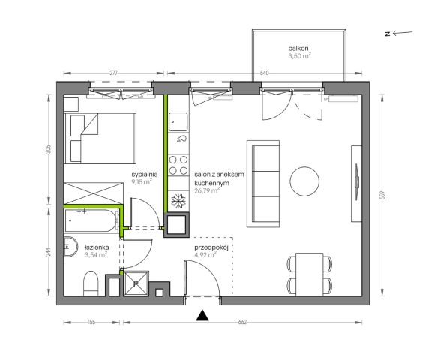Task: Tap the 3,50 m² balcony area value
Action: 299,55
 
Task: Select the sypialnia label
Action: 145,175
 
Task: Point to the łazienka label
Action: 97,247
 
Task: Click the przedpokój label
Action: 211,247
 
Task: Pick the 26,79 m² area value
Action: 207,191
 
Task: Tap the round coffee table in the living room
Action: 304,181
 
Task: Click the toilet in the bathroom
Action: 91,283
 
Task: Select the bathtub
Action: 91,220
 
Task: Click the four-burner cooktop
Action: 178,165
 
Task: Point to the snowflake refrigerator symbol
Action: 178,201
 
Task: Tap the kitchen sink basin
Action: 178,121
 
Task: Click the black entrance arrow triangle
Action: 202,315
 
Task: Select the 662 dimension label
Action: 242,322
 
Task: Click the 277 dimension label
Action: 113,73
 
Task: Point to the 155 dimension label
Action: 91,322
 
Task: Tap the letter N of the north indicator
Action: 388,34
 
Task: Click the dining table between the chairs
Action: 310,274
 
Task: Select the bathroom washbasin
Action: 70,247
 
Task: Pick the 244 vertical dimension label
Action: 49,252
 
